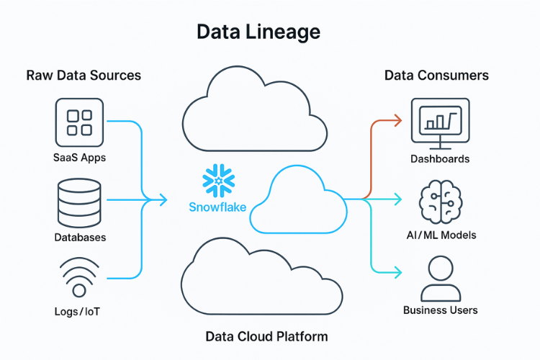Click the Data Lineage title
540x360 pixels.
tap(258, 32)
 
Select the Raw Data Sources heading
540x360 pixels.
tap(84, 75)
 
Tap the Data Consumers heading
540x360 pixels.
tap(436, 75)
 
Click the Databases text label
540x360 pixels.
tap(80, 237)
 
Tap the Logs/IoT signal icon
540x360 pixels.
tap(80, 279)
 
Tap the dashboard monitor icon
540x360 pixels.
tap(440, 121)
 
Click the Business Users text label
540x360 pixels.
tap(440, 310)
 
